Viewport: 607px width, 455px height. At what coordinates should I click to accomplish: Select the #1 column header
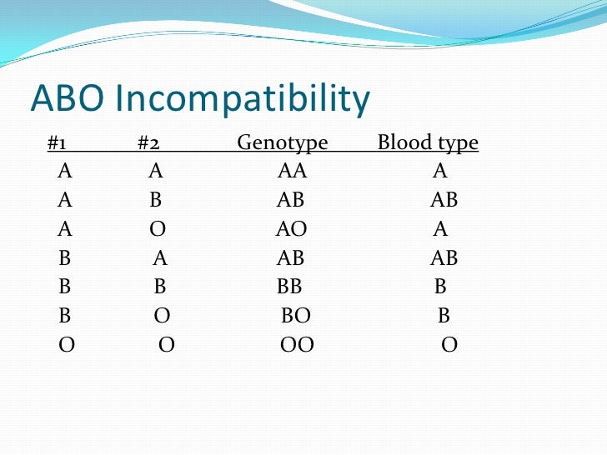pyautogui.click(x=57, y=143)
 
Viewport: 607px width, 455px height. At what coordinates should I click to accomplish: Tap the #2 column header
pyautogui.click(x=148, y=143)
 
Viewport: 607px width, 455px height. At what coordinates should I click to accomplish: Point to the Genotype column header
pyautogui.click(x=283, y=144)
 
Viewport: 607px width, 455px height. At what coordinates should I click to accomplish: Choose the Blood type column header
pyautogui.click(x=428, y=144)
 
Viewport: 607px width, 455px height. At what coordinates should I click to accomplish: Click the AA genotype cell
pyautogui.click(x=292, y=172)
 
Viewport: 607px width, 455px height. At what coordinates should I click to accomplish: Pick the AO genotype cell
pyautogui.click(x=291, y=229)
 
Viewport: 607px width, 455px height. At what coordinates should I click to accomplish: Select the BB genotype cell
pyautogui.click(x=289, y=287)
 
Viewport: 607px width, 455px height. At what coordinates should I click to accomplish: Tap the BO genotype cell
pyautogui.click(x=295, y=317)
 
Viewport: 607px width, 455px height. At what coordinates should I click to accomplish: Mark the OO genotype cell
pyautogui.click(x=297, y=345)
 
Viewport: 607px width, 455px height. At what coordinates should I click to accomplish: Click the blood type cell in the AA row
pyautogui.click(x=440, y=172)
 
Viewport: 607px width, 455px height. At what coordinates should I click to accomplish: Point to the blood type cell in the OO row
pyautogui.click(x=449, y=345)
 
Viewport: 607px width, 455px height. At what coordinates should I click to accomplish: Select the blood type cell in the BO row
pyautogui.click(x=444, y=317)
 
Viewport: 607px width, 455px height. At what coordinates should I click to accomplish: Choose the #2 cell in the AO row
pyautogui.click(x=157, y=229)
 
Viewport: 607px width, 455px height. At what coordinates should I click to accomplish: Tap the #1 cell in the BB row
pyautogui.click(x=65, y=287)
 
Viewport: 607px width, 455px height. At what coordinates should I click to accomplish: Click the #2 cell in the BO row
pyautogui.click(x=163, y=317)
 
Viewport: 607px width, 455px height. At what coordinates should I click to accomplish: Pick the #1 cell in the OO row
pyautogui.click(x=67, y=345)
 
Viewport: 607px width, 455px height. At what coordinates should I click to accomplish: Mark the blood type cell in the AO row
pyautogui.click(x=441, y=229)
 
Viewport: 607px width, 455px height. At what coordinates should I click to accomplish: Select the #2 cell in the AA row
pyautogui.click(x=156, y=172)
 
